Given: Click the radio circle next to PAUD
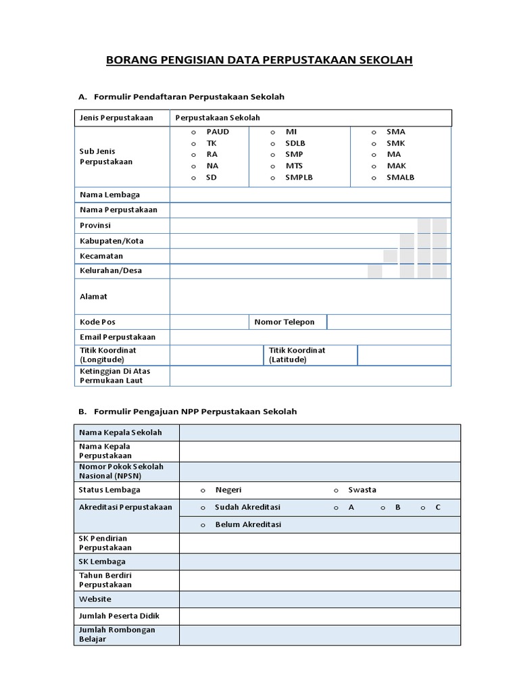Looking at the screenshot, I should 193,132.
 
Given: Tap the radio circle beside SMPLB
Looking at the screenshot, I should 272,178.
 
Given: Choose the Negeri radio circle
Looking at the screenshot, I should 203,491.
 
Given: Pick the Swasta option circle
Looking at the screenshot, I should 336,491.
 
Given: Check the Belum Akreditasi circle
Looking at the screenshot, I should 203,525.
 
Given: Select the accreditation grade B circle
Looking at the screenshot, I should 382,508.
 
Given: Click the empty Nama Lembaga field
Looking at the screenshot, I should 310,195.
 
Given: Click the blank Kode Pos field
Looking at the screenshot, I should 209,322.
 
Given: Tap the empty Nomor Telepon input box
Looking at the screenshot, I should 389,322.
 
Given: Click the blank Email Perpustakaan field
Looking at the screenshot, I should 310,337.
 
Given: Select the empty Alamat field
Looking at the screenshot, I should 310,297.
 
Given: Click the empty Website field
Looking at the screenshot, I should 320,599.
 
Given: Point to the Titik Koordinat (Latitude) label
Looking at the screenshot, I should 297,355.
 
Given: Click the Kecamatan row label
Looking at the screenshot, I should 101,256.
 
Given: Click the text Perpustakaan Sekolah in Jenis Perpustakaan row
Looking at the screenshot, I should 218,118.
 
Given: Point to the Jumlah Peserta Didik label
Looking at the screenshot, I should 120,616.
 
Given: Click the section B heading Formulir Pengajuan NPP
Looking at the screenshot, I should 195,412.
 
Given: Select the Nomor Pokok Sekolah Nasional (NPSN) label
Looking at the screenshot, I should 122,472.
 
